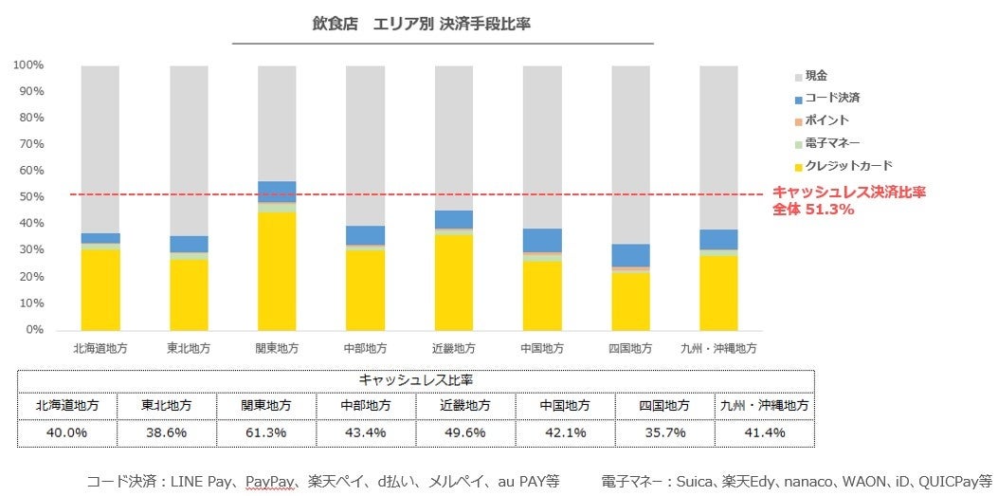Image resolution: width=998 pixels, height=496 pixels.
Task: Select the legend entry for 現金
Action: (815, 75)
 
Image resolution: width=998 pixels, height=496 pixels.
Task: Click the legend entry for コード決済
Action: (831, 98)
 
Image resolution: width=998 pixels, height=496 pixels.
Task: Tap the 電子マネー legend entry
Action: (831, 143)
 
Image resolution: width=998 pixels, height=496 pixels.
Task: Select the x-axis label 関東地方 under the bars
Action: (276, 348)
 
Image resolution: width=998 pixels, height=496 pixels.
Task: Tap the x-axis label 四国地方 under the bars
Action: (630, 348)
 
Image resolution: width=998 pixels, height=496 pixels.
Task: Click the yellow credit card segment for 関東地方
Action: (277, 270)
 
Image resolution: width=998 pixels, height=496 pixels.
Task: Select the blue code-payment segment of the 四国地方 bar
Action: (630, 255)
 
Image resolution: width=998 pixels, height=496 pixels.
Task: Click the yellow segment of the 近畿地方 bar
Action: (453, 282)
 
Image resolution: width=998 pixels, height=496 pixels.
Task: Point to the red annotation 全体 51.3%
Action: (815, 210)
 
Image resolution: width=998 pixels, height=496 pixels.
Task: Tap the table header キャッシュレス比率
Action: (415, 379)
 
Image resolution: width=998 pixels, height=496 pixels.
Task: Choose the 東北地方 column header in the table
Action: (167, 405)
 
